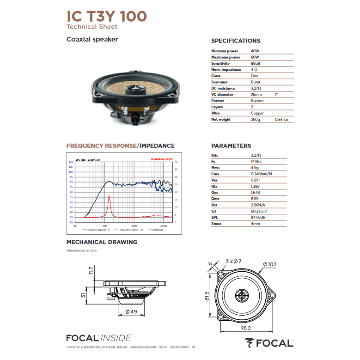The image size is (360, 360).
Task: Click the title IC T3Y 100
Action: [107, 16]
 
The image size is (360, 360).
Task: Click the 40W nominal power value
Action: [255, 51]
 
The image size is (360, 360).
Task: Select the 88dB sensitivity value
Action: [256, 63]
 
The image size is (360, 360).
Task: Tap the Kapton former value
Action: [257, 101]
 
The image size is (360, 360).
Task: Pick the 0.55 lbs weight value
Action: [281, 119]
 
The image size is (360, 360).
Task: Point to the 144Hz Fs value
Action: [256, 161]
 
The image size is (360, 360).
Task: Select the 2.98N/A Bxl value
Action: [258, 205]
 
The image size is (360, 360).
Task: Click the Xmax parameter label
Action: [216, 224]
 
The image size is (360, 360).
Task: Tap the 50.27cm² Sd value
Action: [259, 211]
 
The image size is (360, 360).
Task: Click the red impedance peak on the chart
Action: [109, 196]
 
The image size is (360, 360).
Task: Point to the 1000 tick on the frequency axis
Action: [134, 226]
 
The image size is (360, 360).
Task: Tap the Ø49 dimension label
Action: [131, 312]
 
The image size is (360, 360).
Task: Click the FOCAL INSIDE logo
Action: [99, 338]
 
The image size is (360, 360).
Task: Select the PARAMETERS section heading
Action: [231, 146]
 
